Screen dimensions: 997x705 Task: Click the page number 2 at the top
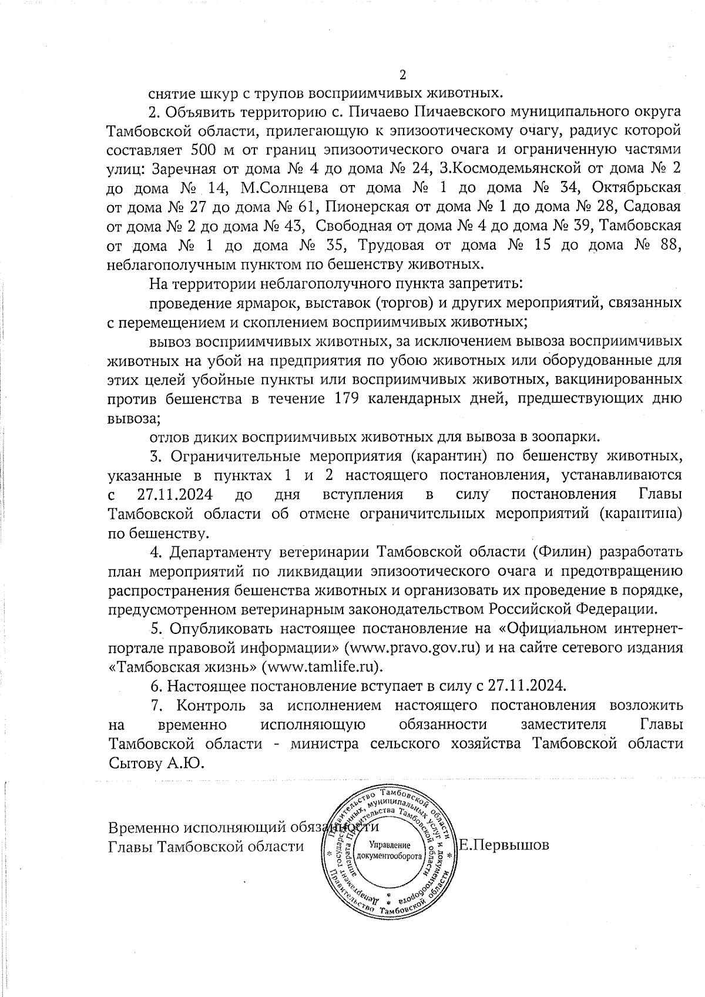point(402,75)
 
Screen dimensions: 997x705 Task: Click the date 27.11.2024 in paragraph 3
point(174,494)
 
